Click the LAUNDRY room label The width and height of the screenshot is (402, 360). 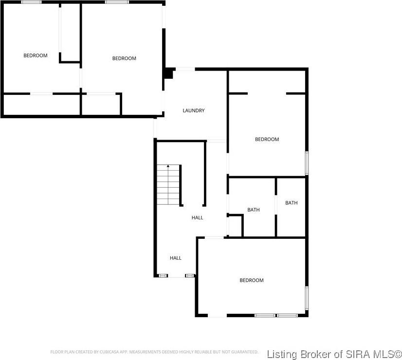coord(193,111)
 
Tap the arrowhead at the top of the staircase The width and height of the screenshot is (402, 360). coord(168,167)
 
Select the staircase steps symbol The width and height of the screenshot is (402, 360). coord(168,185)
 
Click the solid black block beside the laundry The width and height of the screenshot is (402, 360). coord(168,73)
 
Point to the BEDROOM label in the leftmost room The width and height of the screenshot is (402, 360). coord(36,55)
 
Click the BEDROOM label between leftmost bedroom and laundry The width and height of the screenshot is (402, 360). coord(124,58)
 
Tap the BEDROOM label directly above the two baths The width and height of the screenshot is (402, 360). coord(267,140)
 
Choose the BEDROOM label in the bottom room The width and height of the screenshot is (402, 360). coord(251,280)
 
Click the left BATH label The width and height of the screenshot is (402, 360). coord(253,210)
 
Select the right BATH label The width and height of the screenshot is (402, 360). coord(291,203)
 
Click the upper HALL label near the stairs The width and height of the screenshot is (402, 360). coord(197,218)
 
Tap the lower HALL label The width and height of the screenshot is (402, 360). coord(175,258)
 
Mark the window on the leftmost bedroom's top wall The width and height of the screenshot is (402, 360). coord(31,2)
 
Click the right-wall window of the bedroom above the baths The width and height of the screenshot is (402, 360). coord(307,162)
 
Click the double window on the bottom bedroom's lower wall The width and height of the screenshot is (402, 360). coord(276,315)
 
